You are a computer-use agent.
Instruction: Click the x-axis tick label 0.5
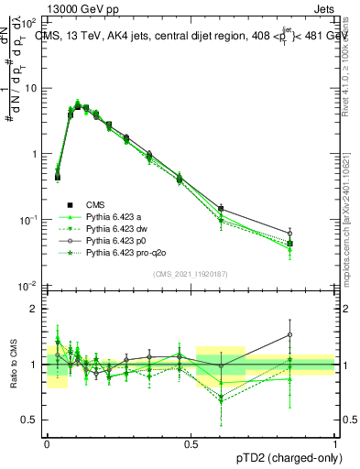coord(191,442)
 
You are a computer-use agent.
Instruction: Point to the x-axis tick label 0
coord(47,442)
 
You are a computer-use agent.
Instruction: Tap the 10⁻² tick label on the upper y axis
coord(31,286)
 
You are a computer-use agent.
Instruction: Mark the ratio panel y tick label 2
coord(36,309)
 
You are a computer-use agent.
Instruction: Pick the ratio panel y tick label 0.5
coord(32,420)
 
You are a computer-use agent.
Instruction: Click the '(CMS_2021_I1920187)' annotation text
coord(191,274)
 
